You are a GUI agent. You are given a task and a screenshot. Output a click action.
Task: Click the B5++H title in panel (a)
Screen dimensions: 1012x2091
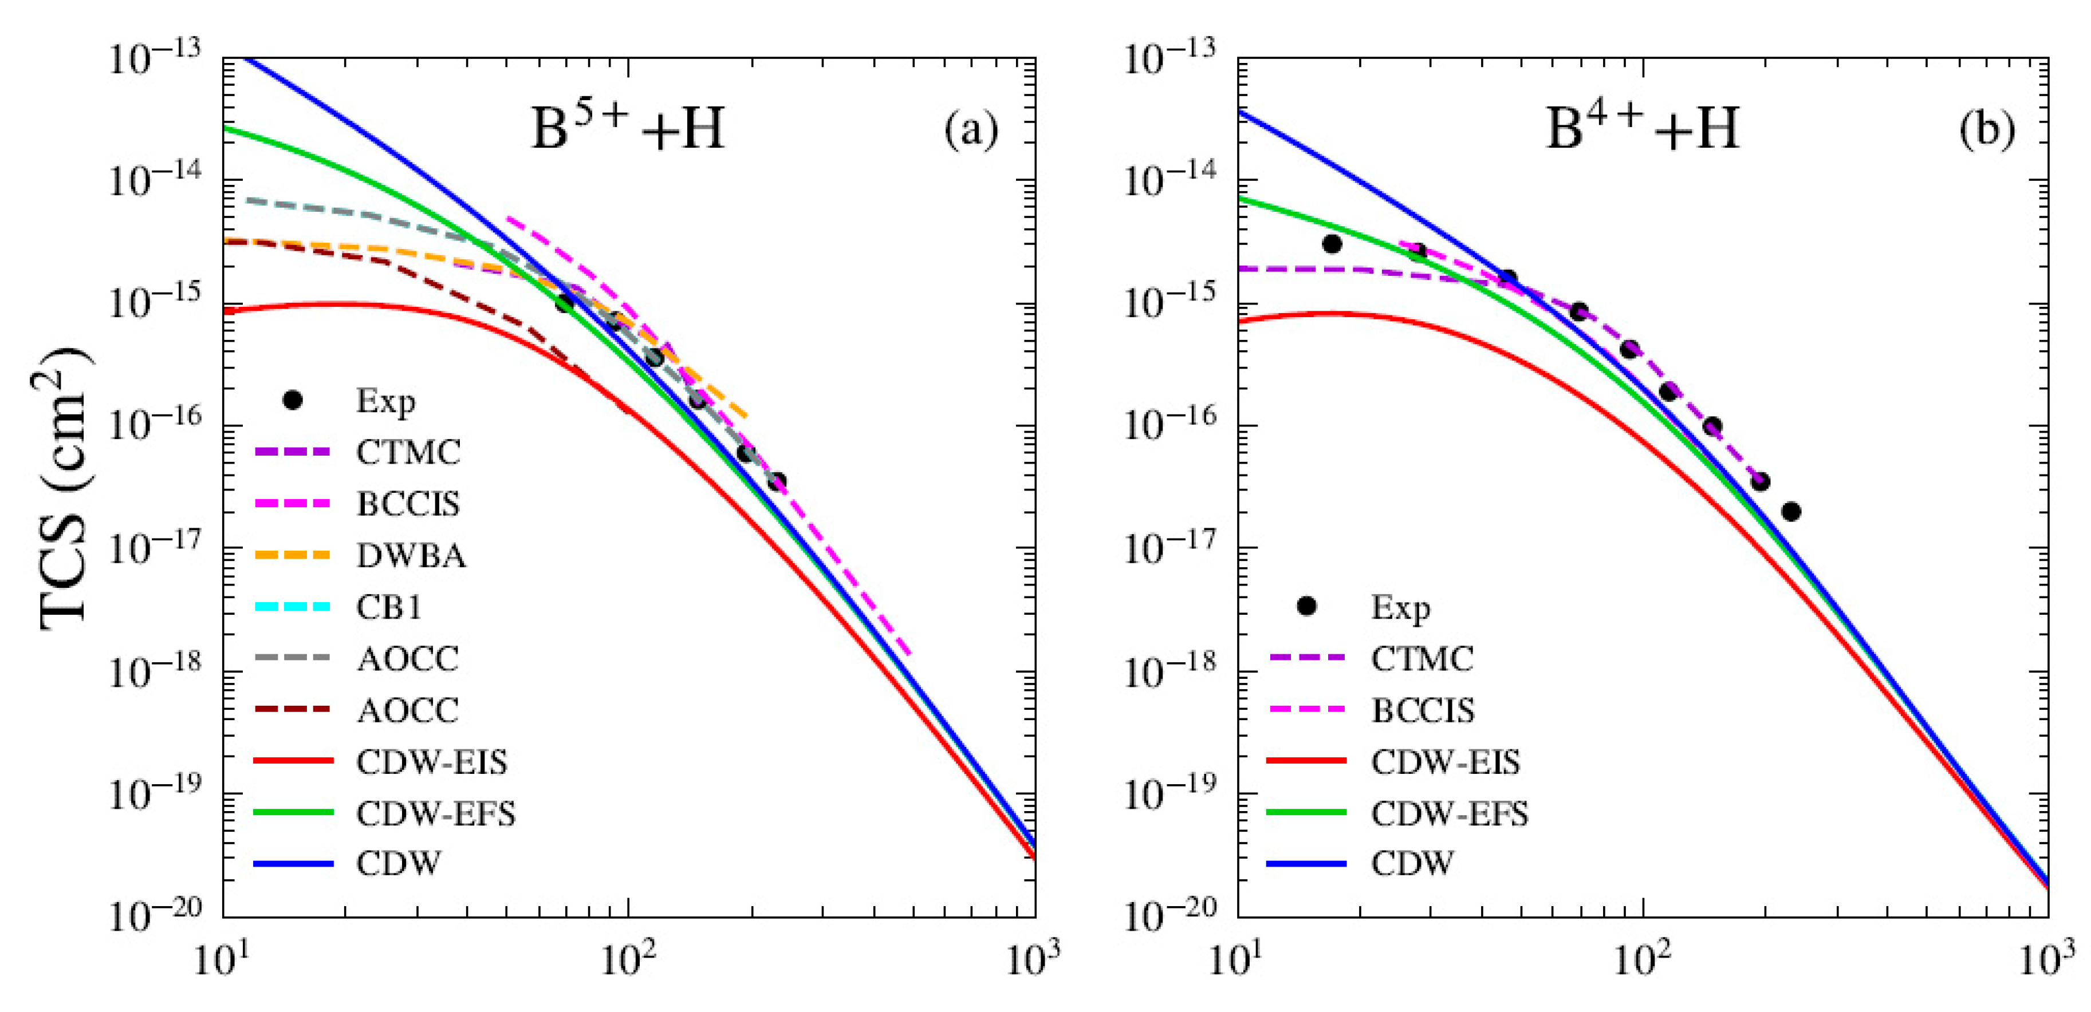tap(627, 128)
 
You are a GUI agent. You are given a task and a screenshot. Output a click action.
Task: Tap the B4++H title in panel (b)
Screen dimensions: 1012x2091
tap(1641, 128)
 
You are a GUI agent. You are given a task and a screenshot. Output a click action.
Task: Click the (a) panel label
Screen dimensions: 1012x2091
tap(971, 129)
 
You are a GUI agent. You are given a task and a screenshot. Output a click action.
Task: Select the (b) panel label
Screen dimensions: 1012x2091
tap(1986, 129)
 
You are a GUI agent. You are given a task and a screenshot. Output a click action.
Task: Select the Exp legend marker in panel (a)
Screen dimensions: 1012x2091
tap(293, 400)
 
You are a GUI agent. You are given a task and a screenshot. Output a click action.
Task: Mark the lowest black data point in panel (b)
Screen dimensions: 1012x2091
tap(1791, 511)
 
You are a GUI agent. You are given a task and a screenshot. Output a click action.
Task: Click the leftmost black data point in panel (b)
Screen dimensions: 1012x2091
tap(1332, 243)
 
